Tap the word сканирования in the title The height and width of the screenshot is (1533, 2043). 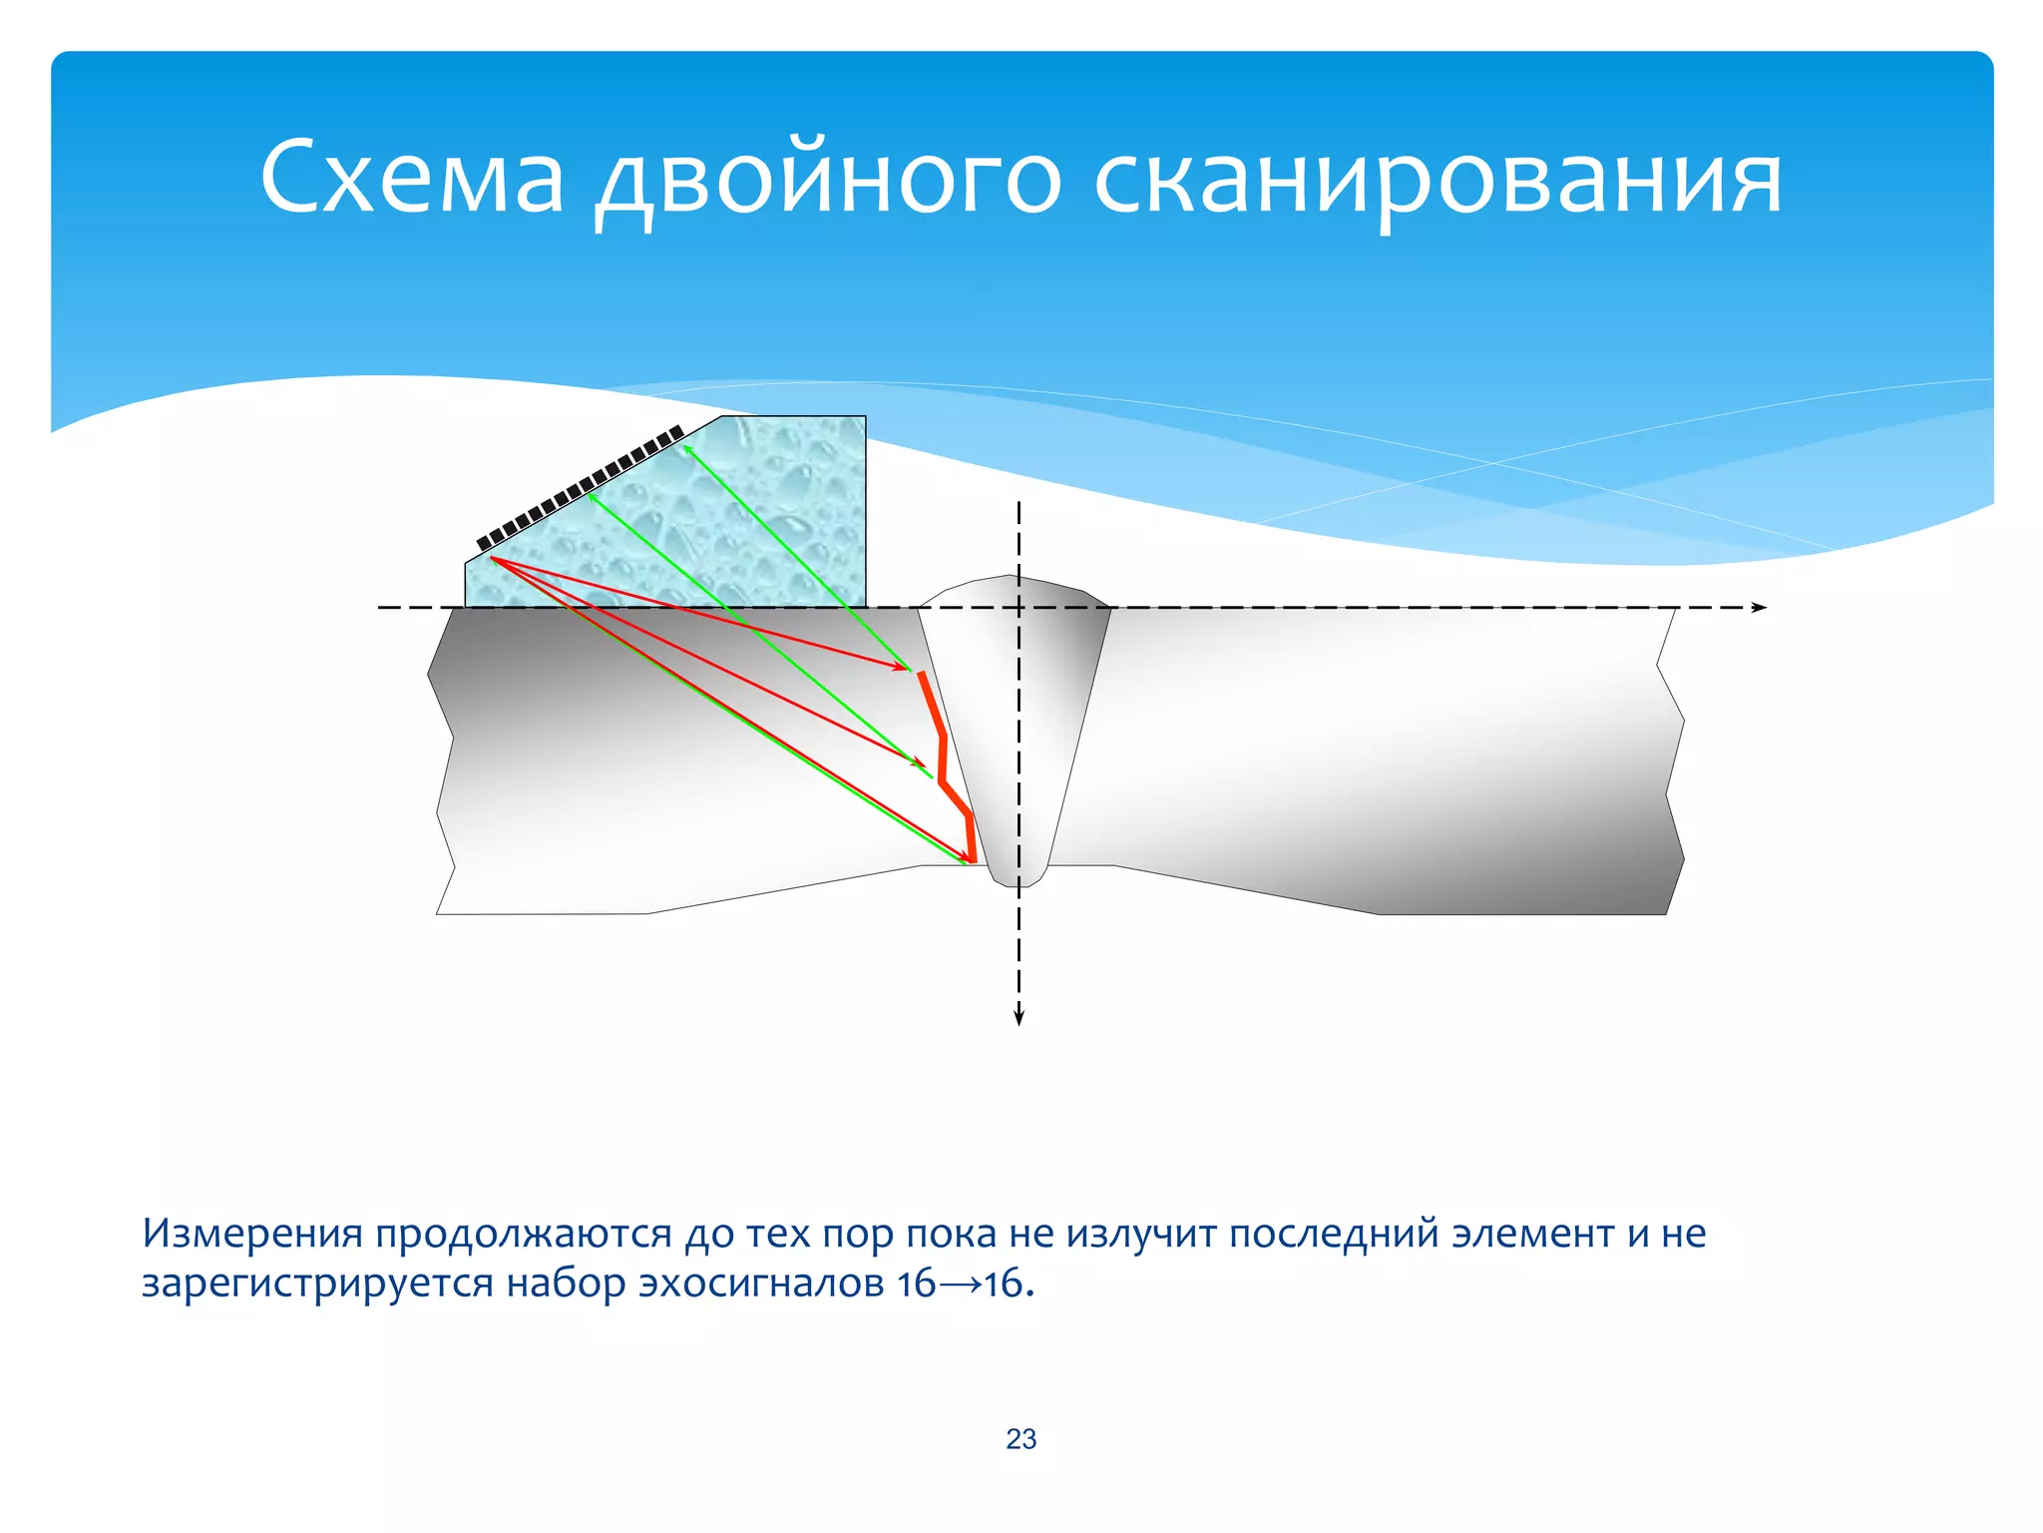[1437, 180]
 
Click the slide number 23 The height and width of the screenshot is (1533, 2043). [1021, 1438]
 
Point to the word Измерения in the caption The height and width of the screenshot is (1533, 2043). [252, 1234]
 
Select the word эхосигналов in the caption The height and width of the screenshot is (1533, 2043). [761, 1283]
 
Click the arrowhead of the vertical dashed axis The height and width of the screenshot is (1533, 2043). [1019, 1017]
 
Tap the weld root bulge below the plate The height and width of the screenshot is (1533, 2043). [1018, 876]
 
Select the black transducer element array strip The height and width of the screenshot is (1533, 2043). [580, 488]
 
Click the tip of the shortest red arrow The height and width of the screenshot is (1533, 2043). [907, 669]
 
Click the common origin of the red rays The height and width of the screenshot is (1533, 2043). [491, 559]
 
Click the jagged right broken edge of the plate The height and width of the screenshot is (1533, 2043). [1672, 759]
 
